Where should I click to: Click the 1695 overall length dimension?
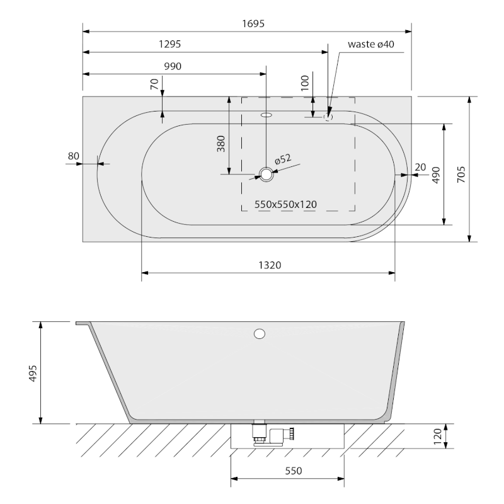click(253, 24)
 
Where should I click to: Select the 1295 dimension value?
click(169, 44)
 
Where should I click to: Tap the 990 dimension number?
click(173, 67)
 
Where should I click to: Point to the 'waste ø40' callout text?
click(371, 44)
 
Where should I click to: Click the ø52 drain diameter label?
click(283, 159)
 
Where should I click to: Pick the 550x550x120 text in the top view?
click(285, 204)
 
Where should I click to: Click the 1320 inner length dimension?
click(270, 265)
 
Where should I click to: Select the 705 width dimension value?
click(461, 175)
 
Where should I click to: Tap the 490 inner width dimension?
click(436, 175)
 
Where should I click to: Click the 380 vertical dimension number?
click(221, 144)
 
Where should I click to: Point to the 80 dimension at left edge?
click(74, 156)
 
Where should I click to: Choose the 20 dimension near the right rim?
click(420, 167)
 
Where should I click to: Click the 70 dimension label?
click(154, 84)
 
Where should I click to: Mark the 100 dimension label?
click(305, 83)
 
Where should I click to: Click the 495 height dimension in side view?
click(33, 373)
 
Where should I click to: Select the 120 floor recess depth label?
click(437, 437)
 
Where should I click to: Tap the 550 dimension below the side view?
click(294, 471)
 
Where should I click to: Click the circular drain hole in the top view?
click(266, 175)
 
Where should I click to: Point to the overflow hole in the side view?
click(260, 334)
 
